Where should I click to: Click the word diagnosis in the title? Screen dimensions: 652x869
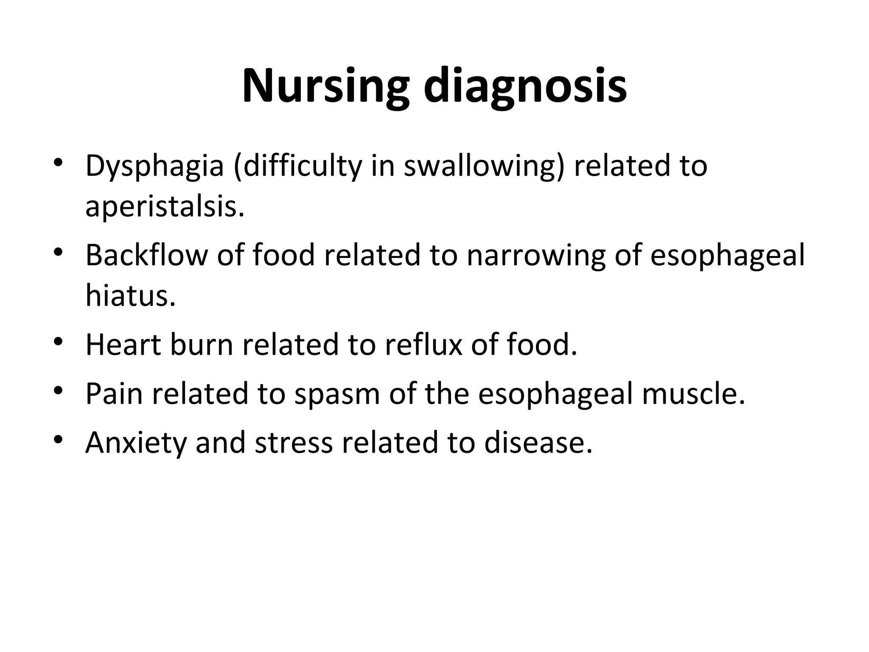pos(525,87)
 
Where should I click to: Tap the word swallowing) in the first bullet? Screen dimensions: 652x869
pos(484,166)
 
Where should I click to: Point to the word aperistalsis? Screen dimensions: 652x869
pos(165,207)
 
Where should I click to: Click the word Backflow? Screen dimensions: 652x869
pos(147,256)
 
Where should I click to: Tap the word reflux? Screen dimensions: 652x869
pos(423,344)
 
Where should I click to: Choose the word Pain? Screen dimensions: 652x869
pos(114,393)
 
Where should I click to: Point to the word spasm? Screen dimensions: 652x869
pos(337,393)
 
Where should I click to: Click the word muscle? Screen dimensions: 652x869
pos(693,393)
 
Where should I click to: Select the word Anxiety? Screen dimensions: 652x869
pos(136,442)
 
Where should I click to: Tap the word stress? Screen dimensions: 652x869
pos(294,442)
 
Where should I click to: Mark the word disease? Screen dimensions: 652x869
pos(538,442)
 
